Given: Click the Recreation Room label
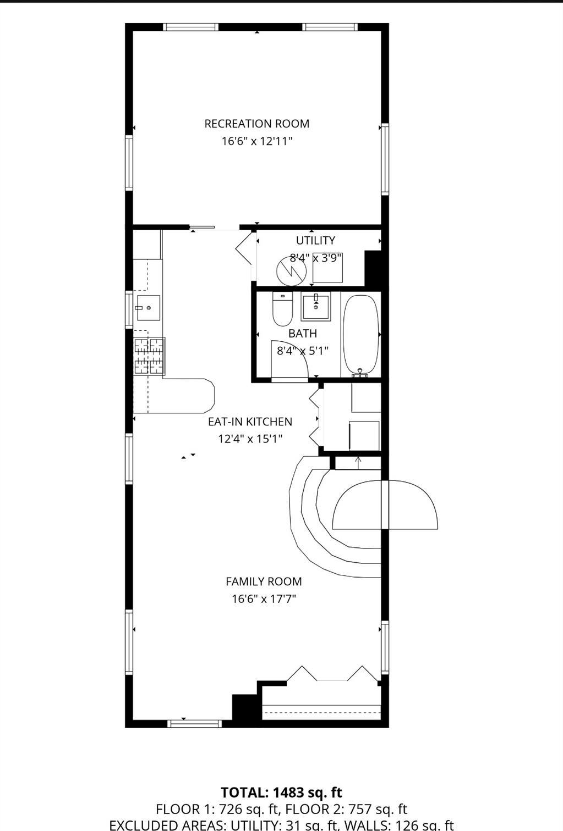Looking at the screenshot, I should click(x=256, y=124).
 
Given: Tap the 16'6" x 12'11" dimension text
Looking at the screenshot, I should click(x=256, y=141).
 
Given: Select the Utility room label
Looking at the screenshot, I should click(x=315, y=240).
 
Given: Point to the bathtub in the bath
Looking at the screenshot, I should click(x=361, y=334).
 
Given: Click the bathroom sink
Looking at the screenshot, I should click(x=315, y=307).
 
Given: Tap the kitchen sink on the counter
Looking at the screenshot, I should click(x=148, y=308).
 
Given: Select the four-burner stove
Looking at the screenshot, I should click(x=149, y=356).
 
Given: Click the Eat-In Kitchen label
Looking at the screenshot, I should click(x=250, y=422).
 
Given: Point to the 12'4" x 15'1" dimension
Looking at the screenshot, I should click(x=250, y=439).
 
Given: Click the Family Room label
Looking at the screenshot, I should click(x=264, y=581).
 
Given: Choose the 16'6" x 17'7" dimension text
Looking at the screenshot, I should click(x=264, y=599).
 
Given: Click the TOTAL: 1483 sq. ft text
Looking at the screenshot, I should click(x=281, y=792).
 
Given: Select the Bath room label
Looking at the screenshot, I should click(x=302, y=333).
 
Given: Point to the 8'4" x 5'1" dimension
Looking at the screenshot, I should click(x=302, y=350).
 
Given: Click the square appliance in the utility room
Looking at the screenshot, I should click(x=327, y=268).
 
